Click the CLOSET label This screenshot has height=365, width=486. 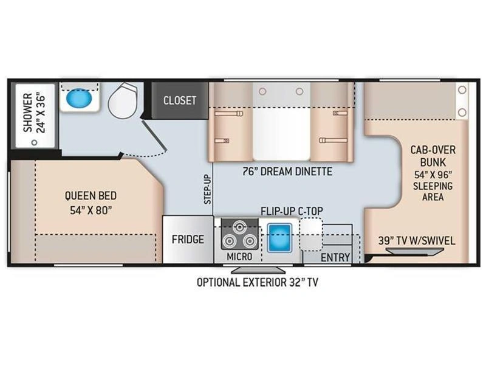click(180, 100)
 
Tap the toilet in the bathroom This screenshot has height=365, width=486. click(123, 100)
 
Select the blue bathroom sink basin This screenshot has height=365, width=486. click(80, 99)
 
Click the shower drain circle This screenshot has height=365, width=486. click(35, 142)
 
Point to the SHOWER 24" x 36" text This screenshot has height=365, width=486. click(34, 113)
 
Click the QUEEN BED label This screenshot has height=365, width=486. click(91, 195)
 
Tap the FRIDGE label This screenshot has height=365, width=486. click(188, 239)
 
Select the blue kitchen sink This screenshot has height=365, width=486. click(279, 237)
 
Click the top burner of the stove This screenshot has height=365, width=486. click(239, 227)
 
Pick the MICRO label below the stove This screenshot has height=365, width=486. click(239, 257)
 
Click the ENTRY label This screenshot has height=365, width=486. click(335, 257)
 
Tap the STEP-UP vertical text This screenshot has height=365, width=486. click(207, 189)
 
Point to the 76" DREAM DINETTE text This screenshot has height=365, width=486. click(287, 172)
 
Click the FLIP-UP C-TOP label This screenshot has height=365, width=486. click(292, 211)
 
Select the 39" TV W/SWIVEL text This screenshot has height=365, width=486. click(417, 240)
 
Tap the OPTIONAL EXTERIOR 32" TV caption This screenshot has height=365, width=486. click(257, 282)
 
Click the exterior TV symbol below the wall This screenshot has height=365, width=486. click(259, 269)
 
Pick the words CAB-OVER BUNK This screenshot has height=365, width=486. click(433, 156)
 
